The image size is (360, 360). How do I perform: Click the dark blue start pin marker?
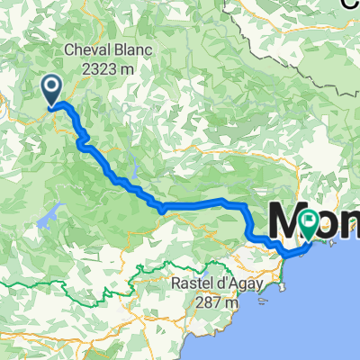click(x=52, y=88)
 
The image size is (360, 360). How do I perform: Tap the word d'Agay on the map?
click(x=215, y=287)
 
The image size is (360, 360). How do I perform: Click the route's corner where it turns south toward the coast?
click(x=243, y=206)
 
